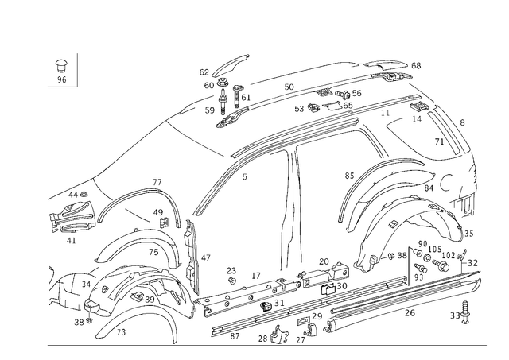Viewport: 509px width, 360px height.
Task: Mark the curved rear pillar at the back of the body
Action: [461, 159]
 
